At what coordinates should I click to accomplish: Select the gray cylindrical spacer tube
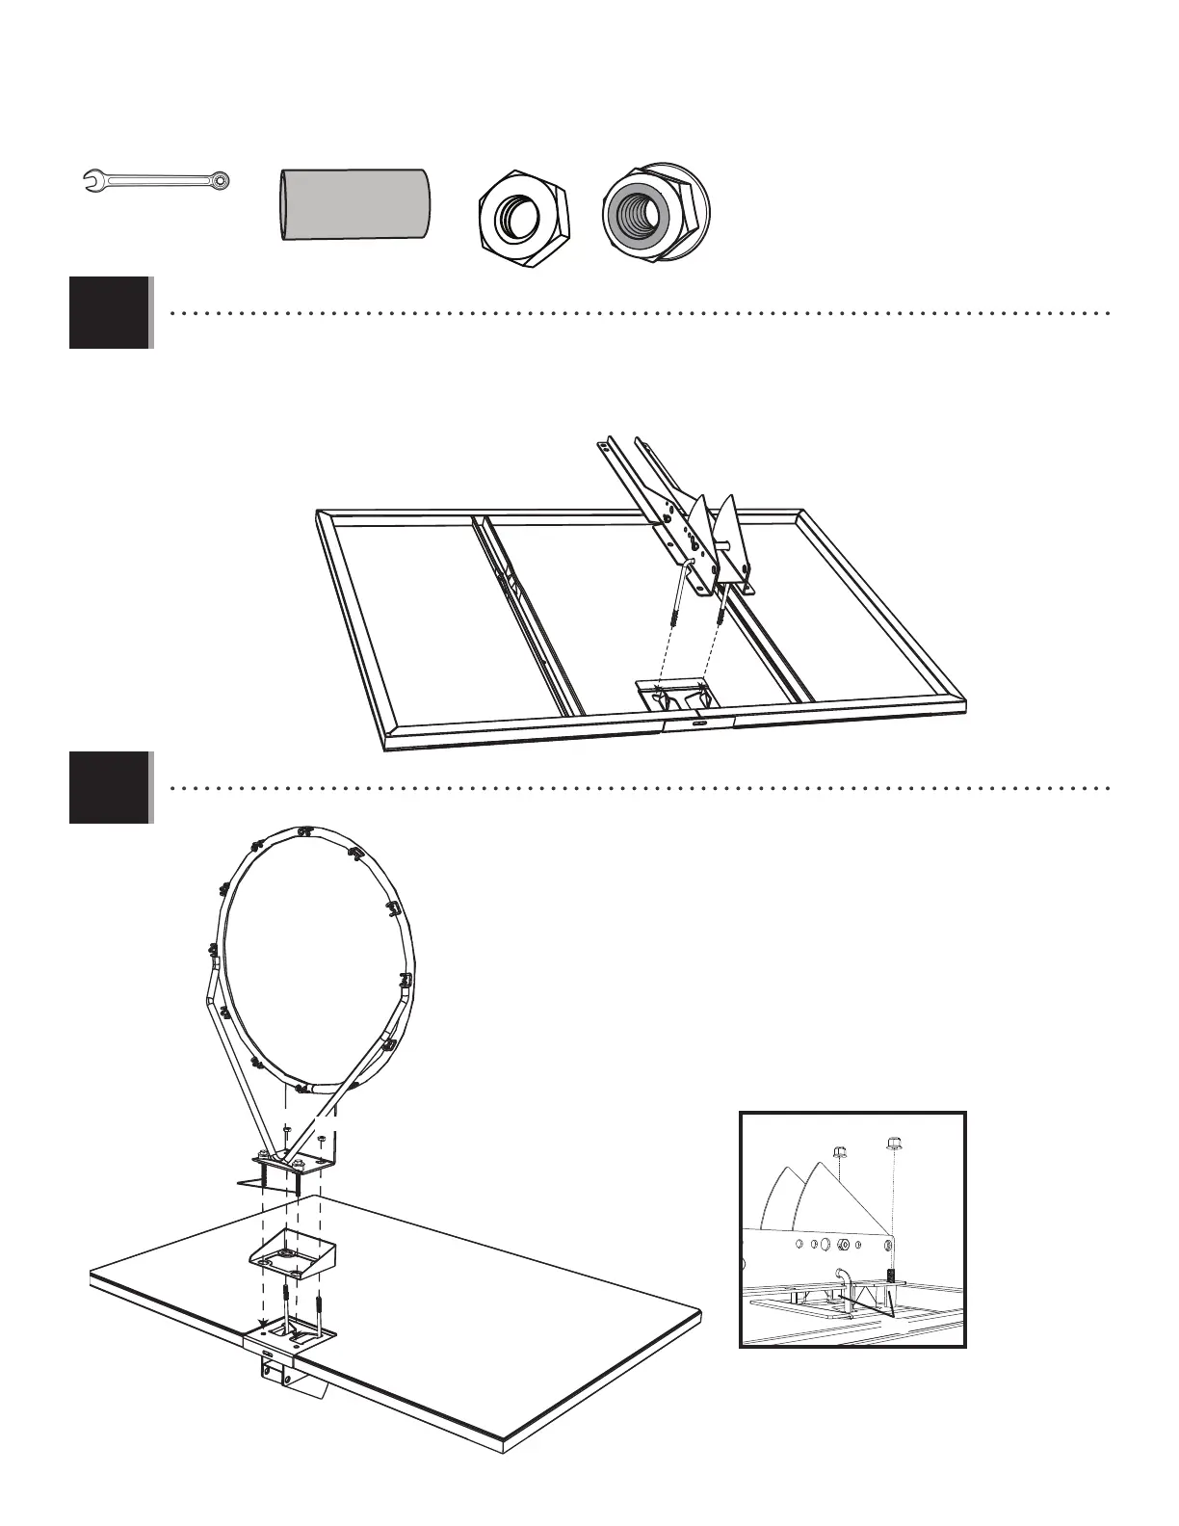pos(354,205)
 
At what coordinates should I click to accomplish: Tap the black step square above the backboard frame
pos(110,312)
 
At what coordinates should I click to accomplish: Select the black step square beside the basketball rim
pos(110,787)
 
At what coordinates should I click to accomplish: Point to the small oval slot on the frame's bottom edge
pos(697,720)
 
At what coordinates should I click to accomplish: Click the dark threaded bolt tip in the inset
pos(892,1276)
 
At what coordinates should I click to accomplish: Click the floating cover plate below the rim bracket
pos(291,1251)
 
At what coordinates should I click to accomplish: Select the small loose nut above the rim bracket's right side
pos(321,1140)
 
